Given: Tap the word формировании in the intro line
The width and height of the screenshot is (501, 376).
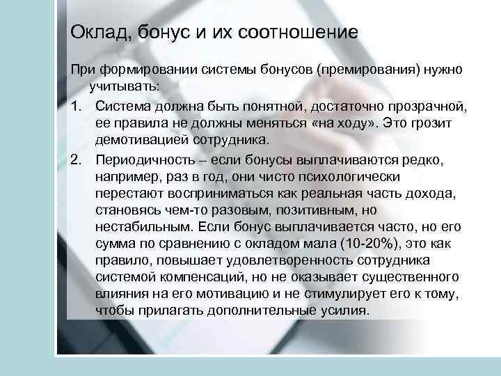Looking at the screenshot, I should point(140,72).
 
